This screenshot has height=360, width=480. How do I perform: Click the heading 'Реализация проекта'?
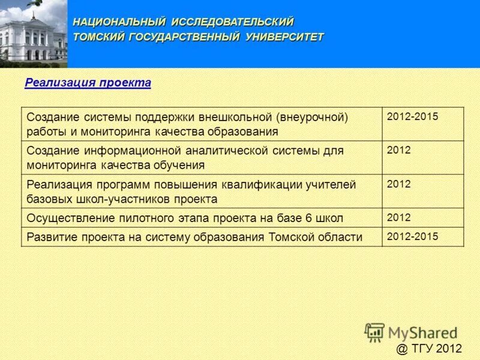pos(88,83)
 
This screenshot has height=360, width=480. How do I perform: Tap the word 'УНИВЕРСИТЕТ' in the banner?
pos(284,37)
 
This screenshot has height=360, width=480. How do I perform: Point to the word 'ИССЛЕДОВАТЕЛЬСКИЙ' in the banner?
pos(232,22)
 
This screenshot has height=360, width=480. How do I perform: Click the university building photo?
pos(33,34)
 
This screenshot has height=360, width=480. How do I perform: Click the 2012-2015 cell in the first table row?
pos(413,116)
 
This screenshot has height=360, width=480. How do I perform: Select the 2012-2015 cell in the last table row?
pos(413,236)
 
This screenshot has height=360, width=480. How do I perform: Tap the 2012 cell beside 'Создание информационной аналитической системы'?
pos(399,150)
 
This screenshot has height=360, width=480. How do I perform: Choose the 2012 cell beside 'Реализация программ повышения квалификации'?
pos(399,184)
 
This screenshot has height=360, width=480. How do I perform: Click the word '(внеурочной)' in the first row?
pos(313,116)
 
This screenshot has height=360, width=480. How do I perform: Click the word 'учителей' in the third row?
pos(334,184)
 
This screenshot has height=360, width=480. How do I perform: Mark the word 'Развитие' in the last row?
pos(48,237)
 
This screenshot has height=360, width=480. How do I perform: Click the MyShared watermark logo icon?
pos(374,332)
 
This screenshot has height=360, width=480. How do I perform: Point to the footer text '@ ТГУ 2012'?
pos(429,349)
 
